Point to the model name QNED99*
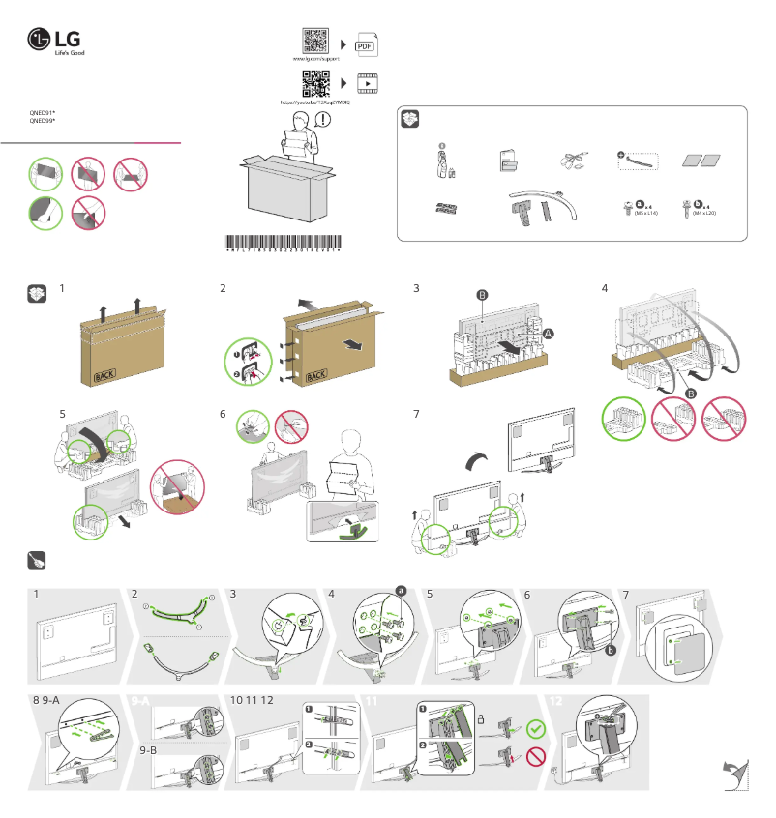click(43, 122)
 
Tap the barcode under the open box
click(284, 242)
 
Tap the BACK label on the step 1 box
click(104, 376)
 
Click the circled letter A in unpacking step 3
click(550, 332)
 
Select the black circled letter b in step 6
click(612, 652)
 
